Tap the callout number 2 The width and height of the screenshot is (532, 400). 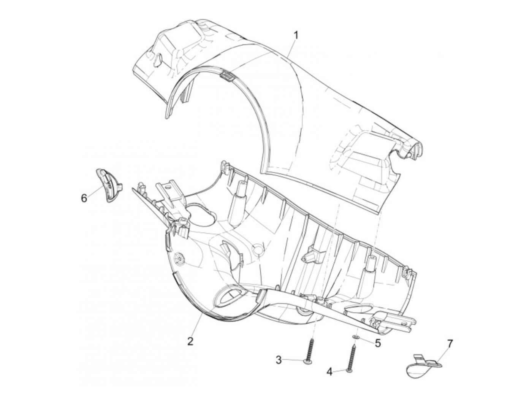[190, 341]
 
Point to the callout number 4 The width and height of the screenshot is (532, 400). [329, 378]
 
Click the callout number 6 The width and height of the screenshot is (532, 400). [84, 198]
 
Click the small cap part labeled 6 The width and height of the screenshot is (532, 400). [108, 185]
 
